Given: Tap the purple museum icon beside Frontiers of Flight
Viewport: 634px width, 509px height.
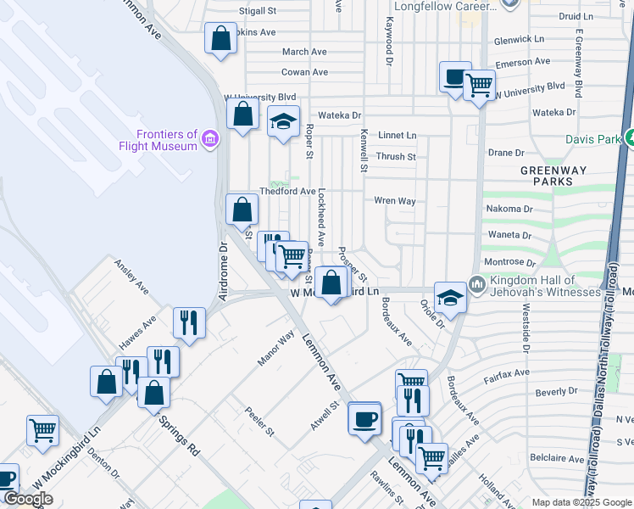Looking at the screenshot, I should (x=210, y=138).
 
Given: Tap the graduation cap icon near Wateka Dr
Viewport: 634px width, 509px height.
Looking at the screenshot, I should (x=284, y=122).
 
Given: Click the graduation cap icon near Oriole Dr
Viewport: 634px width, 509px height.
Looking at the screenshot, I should (x=450, y=297).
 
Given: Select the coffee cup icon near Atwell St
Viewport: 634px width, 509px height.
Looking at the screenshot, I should (x=364, y=418).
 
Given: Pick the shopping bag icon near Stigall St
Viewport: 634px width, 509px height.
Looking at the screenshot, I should (x=220, y=38).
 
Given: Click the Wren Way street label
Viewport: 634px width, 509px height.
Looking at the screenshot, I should (x=395, y=201).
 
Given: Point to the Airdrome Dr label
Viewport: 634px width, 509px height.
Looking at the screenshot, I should (x=224, y=271).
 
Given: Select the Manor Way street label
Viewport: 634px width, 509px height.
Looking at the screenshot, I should (x=275, y=348).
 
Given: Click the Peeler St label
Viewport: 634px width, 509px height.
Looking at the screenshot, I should (x=260, y=421).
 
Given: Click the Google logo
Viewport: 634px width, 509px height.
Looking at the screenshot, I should (x=28, y=499).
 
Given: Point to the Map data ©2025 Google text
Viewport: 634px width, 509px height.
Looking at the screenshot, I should (x=581, y=502).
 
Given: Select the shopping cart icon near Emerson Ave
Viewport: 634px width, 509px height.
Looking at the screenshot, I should (x=480, y=86).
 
